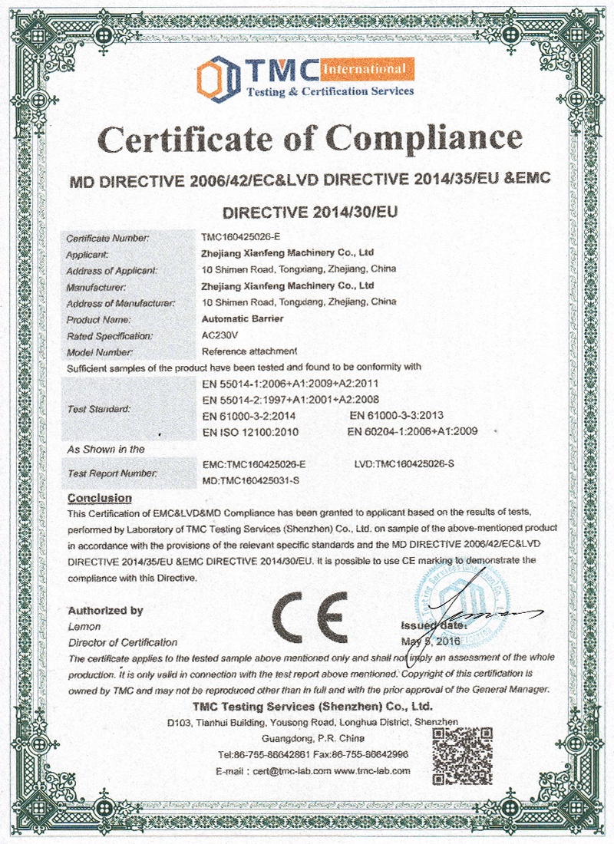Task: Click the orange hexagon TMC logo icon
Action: [x=216, y=77]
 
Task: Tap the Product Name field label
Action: [x=99, y=318]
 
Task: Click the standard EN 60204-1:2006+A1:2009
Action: [x=412, y=432]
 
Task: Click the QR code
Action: [x=458, y=755]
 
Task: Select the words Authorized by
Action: [x=105, y=611]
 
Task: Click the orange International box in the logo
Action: [x=366, y=71]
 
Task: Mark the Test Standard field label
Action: [x=98, y=408]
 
